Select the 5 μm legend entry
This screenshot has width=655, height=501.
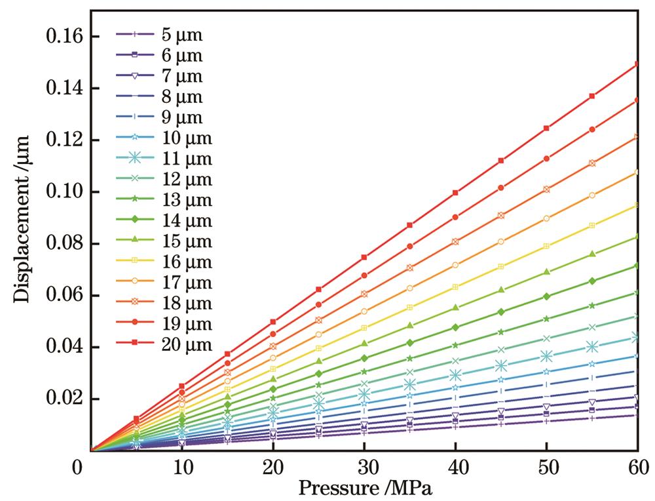(x=164, y=36)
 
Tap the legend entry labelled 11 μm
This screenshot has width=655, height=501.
(x=164, y=159)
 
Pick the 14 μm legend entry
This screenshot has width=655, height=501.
(x=164, y=220)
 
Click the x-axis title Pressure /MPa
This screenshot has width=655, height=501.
(x=365, y=489)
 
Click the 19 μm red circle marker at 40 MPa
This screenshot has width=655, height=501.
(x=455, y=217)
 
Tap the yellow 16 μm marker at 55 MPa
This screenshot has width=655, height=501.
(x=592, y=226)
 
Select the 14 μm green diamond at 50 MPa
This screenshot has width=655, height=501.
(x=546, y=296)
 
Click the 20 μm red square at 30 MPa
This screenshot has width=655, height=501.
(x=364, y=257)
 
